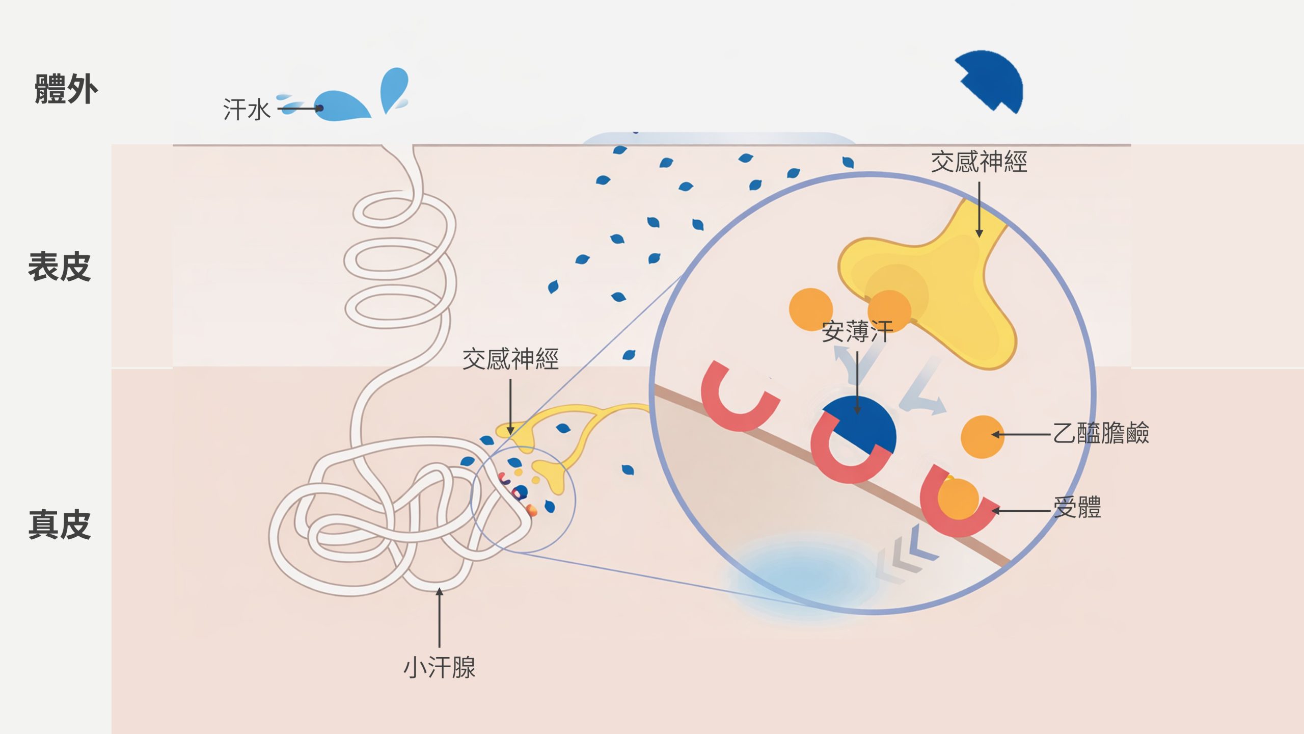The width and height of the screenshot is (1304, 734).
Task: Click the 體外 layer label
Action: click(x=66, y=89)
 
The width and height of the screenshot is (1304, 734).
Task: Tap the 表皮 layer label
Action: click(x=59, y=267)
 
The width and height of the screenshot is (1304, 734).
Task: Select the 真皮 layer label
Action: click(x=59, y=525)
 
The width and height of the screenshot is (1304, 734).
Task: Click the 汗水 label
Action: click(x=247, y=110)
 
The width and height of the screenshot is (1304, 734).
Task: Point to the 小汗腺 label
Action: click(x=439, y=667)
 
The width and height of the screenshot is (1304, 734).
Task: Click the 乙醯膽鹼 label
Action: click(x=1100, y=433)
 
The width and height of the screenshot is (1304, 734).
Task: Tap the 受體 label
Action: click(x=1077, y=508)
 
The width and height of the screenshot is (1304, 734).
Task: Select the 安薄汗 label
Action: click(x=857, y=332)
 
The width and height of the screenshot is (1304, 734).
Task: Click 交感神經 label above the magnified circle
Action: click(x=979, y=162)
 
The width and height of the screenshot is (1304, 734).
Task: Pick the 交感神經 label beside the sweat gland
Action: click(x=510, y=359)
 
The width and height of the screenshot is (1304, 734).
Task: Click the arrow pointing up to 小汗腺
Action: click(x=439, y=617)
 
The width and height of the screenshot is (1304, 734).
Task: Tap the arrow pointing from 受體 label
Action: click(x=1021, y=510)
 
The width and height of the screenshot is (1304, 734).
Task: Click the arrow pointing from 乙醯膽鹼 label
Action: click(x=1021, y=434)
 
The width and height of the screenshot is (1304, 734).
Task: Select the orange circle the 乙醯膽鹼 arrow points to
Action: click(x=982, y=437)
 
